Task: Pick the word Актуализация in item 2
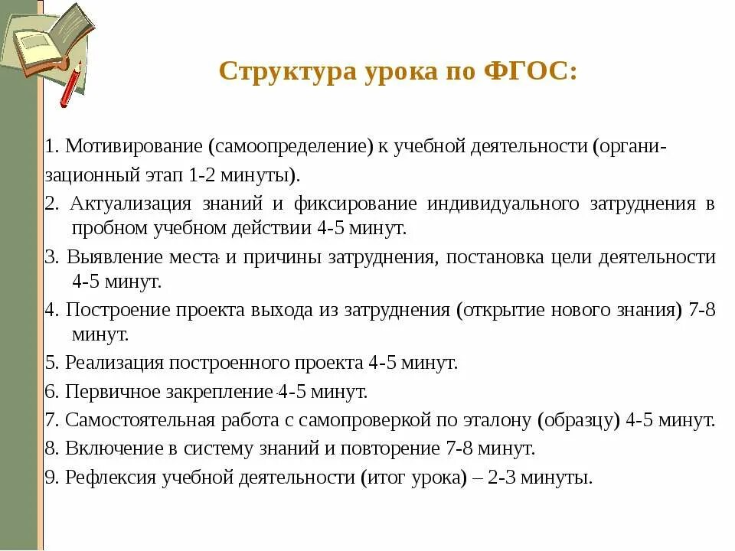pos(130,204)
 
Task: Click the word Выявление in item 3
pos(111,256)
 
